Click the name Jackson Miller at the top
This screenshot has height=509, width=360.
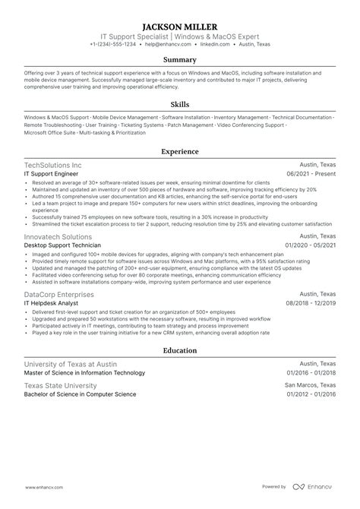[x=180, y=24]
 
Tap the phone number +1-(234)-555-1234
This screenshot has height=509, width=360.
[x=113, y=44]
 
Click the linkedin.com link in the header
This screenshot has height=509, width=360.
[x=207, y=44]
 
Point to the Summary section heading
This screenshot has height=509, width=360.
[x=180, y=60]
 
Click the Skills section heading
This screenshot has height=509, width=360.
[x=180, y=104]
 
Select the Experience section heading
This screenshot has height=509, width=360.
[x=180, y=151]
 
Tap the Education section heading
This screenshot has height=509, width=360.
[x=180, y=350]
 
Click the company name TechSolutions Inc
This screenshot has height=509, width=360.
[x=53, y=165]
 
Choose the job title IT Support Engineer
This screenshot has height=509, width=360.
[x=52, y=173]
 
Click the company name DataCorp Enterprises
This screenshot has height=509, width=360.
[x=59, y=294]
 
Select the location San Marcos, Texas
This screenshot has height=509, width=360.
[x=310, y=386]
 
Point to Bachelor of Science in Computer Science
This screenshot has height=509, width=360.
[x=80, y=395]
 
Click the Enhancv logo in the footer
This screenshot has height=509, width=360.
[x=318, y=486]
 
